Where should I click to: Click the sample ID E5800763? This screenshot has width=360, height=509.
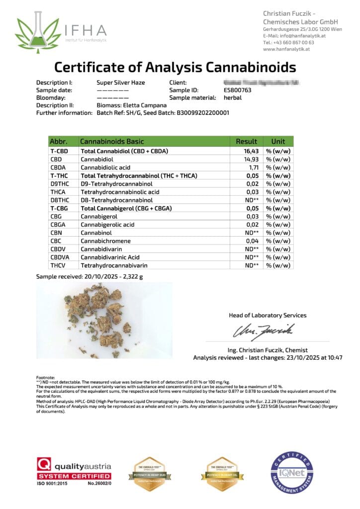(238, 90)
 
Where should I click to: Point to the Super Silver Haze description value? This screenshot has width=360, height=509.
(120, 83)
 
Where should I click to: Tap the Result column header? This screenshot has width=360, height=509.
(247, 141)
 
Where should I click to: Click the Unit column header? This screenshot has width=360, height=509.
(278, 141)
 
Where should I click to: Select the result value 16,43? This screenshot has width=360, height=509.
(249, 151)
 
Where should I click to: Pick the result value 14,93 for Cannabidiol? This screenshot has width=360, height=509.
(249, 159)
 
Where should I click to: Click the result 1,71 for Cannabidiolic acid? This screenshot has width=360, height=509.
(251, 167)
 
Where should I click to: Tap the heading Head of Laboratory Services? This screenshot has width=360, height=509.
(268, 315)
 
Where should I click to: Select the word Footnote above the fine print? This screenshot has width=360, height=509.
(46, 378)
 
